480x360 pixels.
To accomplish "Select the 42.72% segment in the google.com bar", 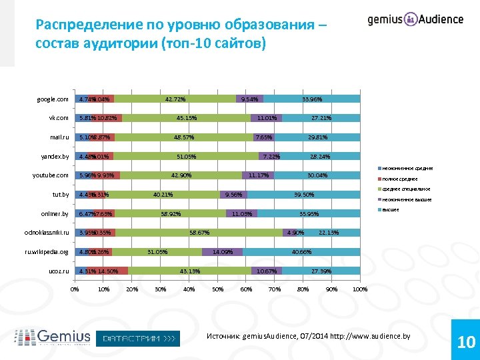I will [175, 99].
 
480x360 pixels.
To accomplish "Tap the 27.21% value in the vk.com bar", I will [321, 118].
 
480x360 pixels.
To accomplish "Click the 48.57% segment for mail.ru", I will [184, 137].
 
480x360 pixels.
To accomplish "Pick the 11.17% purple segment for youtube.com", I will [258, 175].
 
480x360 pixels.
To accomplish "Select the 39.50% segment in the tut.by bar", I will [304, 195].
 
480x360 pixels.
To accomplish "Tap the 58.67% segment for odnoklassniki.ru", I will [199, 233].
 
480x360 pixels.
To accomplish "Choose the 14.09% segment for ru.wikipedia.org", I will [222, 252].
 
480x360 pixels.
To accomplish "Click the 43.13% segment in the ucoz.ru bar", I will [190, 271].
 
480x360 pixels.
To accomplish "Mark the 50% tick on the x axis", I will [217, 289].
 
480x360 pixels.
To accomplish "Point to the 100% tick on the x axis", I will [360, 289].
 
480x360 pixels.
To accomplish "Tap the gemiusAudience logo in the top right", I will [415, 19].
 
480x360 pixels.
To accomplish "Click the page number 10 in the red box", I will [466, 343].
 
